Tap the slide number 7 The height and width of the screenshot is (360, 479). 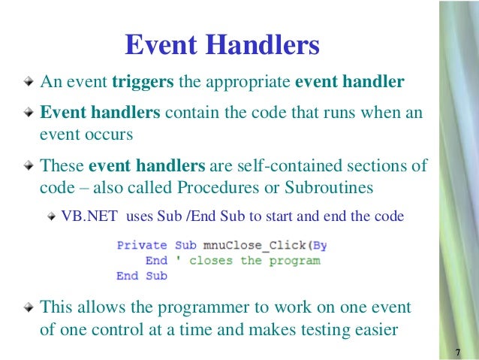click(457, 352)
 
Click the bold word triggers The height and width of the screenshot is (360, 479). click(143, 81)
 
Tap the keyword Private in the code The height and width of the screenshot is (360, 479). click(143, 245)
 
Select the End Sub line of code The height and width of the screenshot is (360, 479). click(142, 276)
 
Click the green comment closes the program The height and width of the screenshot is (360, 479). click(255, 261)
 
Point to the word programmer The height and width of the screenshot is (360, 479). click(209, 307)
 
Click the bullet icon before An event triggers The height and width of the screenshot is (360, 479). click(28, 82)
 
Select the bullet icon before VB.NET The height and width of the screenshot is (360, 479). click(52, 217)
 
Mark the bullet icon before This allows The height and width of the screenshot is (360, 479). click(28, 308)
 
